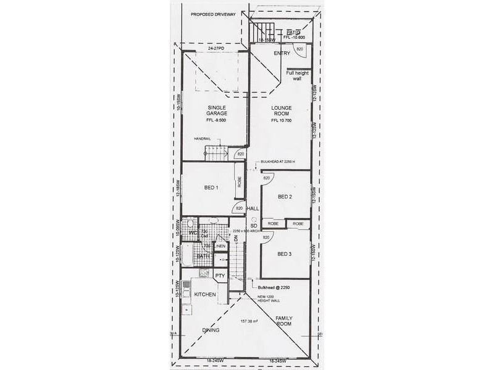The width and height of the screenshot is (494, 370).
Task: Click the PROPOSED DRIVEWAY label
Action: pyautogui.click(x=214, y=14)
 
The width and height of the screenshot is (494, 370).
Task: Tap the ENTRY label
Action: pyautogui.click(x=282, y=53)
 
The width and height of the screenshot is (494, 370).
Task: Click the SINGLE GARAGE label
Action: pyautogui.click(x=217, y=111)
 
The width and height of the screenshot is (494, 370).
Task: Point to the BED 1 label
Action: pyautogui.click(x=212, y=187)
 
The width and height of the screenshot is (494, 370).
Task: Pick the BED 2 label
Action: pyautogui.click(x=285, y=197)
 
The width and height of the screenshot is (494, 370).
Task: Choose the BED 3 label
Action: pyautogui.click(x=285, y=253)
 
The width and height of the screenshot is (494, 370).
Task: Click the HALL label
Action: pyautogui.click(x=253, y=209)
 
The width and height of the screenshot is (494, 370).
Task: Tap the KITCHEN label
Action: pyautogui.click(x=205, y=295)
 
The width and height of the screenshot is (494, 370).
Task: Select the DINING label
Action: pyautogui.click(x=211, y=330)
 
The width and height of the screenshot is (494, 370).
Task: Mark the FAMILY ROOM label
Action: pyautogui.click(x=284, y=320)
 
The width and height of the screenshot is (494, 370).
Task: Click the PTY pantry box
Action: pyautogui.click(x=219, y=276)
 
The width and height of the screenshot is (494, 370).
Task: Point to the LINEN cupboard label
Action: pyautogui.click(x=220, y=247)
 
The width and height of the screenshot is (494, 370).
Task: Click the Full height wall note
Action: pyautogui.click(x=298, y=76)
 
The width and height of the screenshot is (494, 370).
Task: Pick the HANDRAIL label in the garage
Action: pyautogui.click(x=203, y=139)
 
